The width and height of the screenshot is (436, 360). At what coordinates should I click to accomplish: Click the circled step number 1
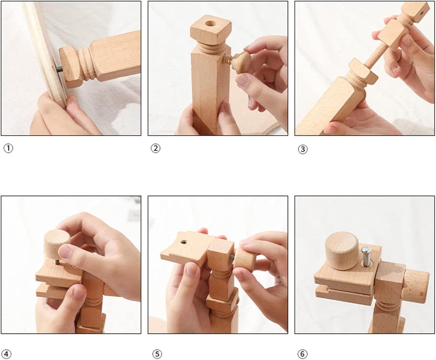point(8,149)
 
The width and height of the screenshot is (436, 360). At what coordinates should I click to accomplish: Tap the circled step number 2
point(155,149)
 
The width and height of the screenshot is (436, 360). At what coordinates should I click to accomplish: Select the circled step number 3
point(303,149)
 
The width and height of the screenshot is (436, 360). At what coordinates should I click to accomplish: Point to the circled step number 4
point(8,354)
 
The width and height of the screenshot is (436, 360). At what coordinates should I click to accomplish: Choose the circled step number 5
point(157,354)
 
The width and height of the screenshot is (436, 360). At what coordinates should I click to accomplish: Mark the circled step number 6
point(302,354)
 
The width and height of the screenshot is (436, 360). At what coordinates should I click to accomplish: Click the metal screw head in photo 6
point(367,249)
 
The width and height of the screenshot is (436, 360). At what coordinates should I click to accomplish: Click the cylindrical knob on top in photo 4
point(57,243)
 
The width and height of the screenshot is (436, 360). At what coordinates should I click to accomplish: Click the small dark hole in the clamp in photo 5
point(184,242)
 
